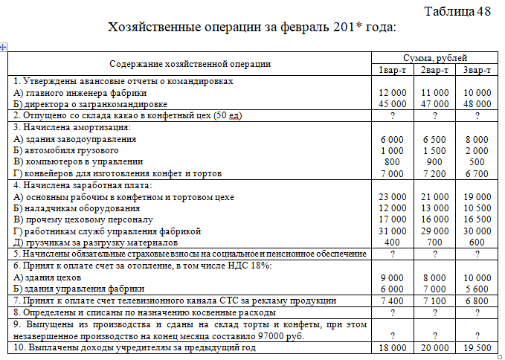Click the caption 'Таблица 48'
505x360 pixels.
point(457,11)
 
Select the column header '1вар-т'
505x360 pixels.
point(390,70)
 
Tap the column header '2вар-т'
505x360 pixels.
point(434,70)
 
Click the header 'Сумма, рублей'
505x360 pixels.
point(434,58)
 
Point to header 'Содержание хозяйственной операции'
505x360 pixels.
point(190,64)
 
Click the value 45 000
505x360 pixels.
point(392,104)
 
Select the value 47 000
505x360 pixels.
point(434,104)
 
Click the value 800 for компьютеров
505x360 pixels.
point(392,161)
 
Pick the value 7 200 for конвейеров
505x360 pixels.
point(434,173)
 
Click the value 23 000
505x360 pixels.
point(392,197)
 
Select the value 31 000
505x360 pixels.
point(392,231)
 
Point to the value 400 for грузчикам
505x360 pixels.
point(392,242)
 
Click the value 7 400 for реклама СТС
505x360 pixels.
point(392,300)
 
